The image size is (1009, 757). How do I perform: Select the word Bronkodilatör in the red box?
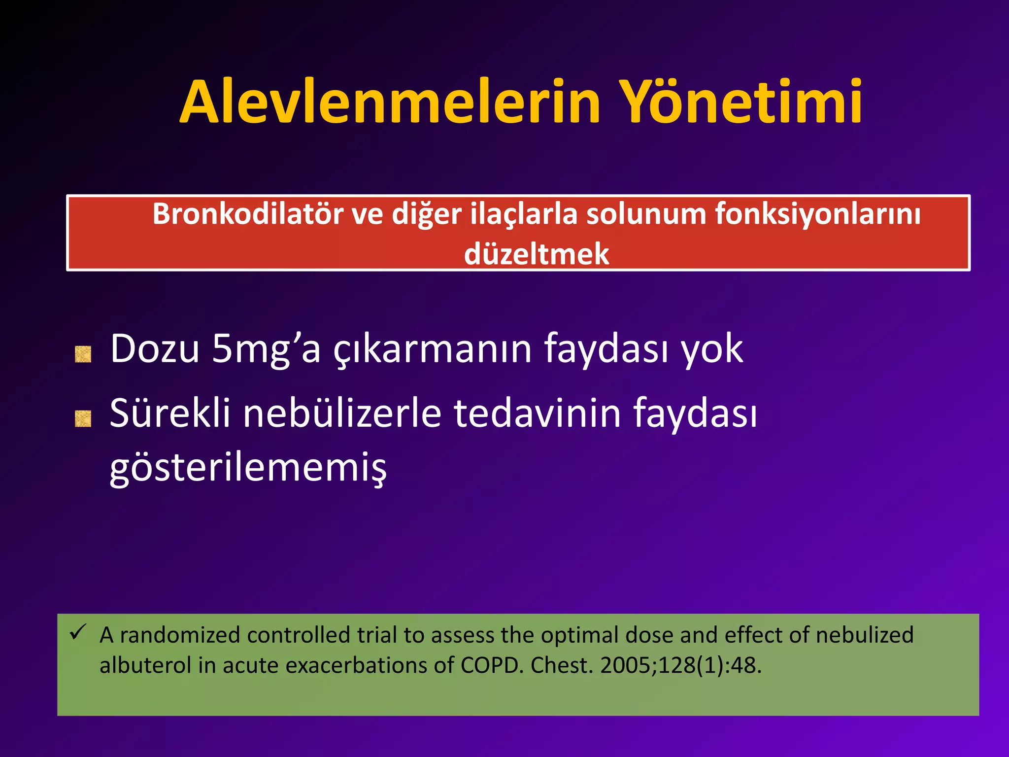[x=247, y=215]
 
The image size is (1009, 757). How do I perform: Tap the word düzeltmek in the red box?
[x=537, y=255]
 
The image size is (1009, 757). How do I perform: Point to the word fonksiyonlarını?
[x=817, y=215]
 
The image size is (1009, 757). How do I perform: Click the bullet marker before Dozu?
[x=83, y=354]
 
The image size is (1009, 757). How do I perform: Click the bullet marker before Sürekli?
[x=83, y=418]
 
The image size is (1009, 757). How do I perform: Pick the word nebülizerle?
[x=342, y=413]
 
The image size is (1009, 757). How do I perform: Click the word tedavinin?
[x=537, y=413]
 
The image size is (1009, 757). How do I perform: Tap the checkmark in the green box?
[x=78, y=631]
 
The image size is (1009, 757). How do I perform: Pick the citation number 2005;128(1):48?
[x=680, y=666]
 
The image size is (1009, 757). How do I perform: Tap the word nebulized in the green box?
[x=864, y=635]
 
